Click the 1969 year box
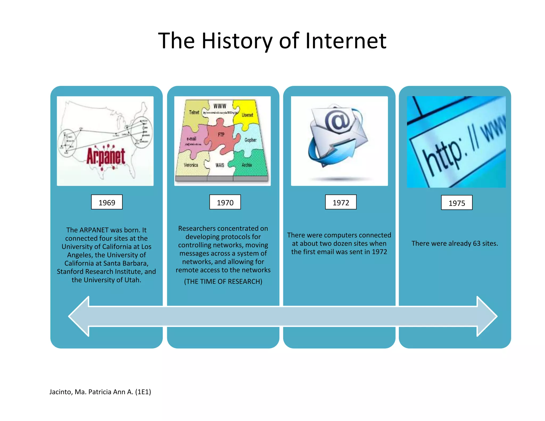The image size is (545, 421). point(107,202)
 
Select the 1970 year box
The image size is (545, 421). point(225,202)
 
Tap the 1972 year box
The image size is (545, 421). point(341,202)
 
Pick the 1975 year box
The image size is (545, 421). point(457,203)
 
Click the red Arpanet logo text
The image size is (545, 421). point(106,156)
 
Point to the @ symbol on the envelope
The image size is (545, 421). point(337,120)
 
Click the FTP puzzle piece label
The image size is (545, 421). point(221,135)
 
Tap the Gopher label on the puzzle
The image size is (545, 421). point(250,140)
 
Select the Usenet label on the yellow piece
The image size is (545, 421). point(247,115)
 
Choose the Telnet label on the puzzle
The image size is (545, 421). point(194,112)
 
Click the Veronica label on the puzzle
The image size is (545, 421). point(191,165)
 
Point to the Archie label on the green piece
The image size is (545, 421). point(247,165)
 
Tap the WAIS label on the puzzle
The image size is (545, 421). point(220,165)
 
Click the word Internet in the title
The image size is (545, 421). point(346,41)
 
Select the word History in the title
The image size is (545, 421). point(237,41)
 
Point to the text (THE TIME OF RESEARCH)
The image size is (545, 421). point(223,281)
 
